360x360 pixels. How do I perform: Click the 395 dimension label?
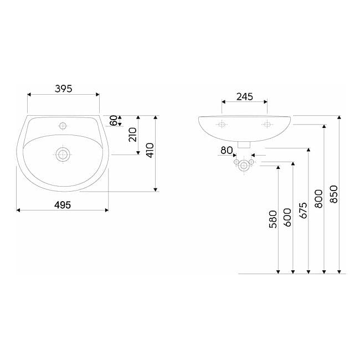(63, 89)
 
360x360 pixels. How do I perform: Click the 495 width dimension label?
(63, 205)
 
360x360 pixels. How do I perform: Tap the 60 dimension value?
(114, 120)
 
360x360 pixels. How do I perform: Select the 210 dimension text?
(132, 135)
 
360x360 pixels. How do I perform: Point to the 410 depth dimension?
(150, 150)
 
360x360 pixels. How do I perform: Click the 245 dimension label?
(245, 97)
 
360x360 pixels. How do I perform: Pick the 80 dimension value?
(227, 151)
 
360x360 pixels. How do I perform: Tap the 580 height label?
(273, 219)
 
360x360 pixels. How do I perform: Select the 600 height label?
(287, 218)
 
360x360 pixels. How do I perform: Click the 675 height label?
(303, 210)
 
